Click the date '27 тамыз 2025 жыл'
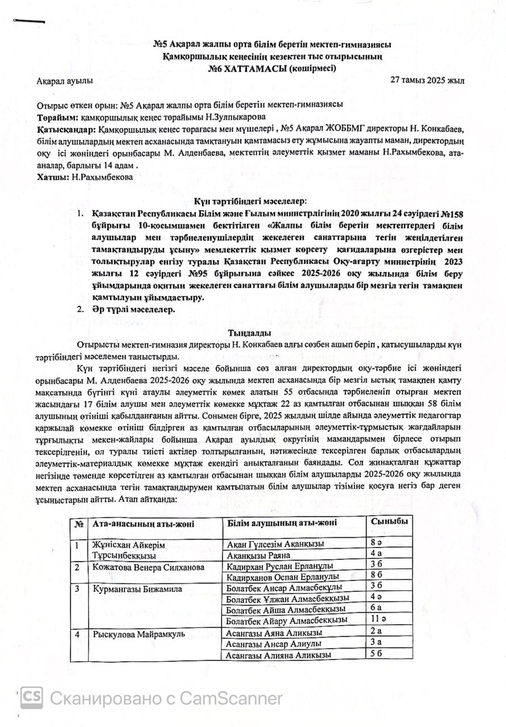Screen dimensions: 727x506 (x=427, y=80)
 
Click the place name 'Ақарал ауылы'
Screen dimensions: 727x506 (x=65, y=81)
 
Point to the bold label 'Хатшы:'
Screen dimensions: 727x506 (x=52, y=177)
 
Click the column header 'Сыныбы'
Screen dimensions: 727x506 (x=389, y=521)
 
